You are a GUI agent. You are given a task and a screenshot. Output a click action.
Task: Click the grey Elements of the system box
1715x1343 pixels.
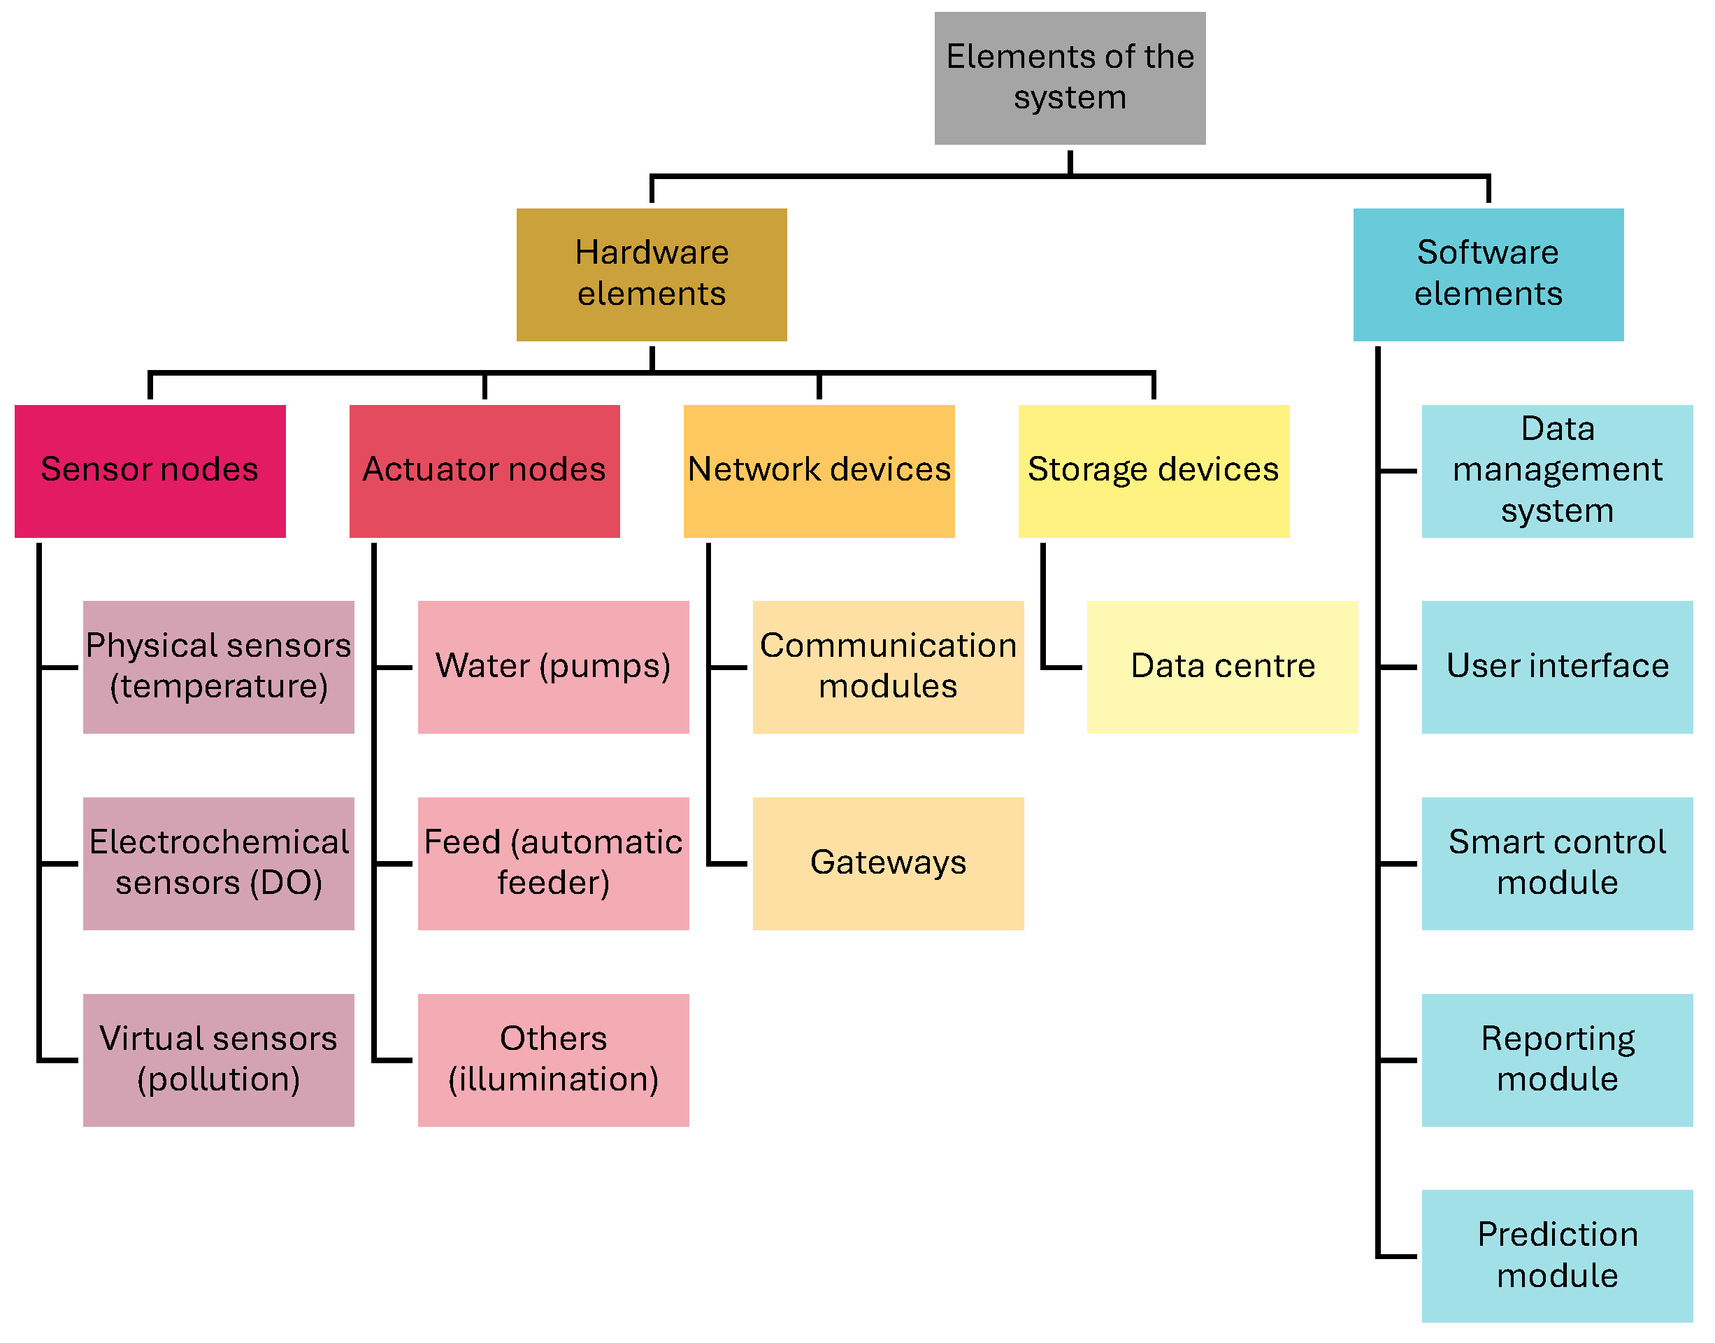pos(1069,78)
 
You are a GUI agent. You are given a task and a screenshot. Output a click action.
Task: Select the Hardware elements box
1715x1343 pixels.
pos(651,273)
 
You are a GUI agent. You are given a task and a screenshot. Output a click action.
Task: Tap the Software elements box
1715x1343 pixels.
pos(1487,273)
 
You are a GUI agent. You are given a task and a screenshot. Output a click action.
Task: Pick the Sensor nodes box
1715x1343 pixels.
pos(150,470)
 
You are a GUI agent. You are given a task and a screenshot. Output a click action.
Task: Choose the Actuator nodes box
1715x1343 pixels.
pos(485,470)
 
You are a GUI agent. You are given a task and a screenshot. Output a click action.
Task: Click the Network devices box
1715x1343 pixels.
pos(818,470)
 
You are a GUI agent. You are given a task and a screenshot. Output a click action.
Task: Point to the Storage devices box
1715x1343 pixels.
pos(1153,470)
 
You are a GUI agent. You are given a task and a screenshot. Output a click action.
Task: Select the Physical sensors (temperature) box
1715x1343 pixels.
pos(219,666)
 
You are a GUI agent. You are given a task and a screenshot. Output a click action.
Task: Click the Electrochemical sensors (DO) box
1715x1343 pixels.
pos(219,862)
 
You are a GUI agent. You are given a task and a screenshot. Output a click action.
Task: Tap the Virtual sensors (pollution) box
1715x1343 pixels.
pos(219,1059)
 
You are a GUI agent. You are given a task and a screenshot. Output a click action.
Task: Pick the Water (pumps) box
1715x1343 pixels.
pos(552,666)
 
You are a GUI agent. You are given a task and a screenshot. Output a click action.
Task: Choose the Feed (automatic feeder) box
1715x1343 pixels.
pos(552,862)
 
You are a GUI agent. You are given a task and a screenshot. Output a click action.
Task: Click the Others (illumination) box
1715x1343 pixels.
pos(552,1059)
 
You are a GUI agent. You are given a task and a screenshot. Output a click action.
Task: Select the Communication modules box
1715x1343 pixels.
pos(887,666)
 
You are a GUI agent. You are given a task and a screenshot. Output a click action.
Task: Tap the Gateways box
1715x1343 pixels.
pos(887,862)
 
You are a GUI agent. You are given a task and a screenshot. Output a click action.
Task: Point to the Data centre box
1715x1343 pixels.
pos(1221,666)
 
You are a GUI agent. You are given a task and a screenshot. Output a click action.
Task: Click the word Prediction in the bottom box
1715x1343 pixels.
pos(1557,1235)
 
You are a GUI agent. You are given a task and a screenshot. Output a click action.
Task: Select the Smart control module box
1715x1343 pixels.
pos(1556,862)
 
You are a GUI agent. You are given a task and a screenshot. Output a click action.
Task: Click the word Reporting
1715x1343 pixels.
pos(1557,1039)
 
